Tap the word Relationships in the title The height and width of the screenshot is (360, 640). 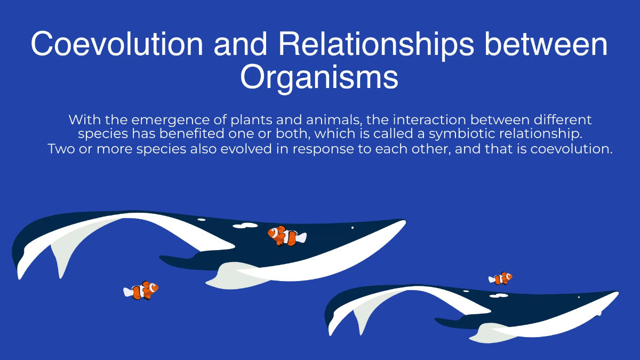coord(375,44)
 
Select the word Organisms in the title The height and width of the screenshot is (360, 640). coord(319,78)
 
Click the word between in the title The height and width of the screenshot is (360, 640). coord(546,44)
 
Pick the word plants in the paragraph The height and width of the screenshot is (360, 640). coord(244,119)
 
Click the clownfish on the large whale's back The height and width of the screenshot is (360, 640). coord(287,236)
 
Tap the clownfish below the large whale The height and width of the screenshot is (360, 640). coord(141,290)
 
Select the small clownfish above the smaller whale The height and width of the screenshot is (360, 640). coord(501,278)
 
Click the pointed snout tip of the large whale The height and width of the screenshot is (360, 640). coord(404,221)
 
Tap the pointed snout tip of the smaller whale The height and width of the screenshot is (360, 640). coord(617,293)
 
